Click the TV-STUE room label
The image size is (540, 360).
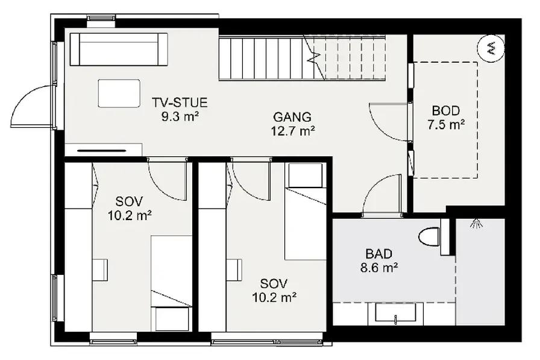click(180, 103)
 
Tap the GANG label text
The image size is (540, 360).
click(292, 117)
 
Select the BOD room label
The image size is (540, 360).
click(445, 111)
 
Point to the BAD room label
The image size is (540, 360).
click(379, 254)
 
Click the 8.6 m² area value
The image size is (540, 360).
click(380, 267)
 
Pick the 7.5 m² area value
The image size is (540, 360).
click(446, 124)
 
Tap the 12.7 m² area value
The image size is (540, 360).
click(293, 131)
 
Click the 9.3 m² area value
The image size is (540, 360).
click(180, 116)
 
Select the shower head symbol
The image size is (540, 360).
click(476, 224)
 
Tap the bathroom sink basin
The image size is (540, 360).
click(395, 314)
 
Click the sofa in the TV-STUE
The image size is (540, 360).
click(119, 49)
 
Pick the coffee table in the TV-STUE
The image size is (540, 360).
click(119, 93)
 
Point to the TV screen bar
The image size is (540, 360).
click(102, 151)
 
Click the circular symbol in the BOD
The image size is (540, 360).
click(491, 49)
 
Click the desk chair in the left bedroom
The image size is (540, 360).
click(100, 270)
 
